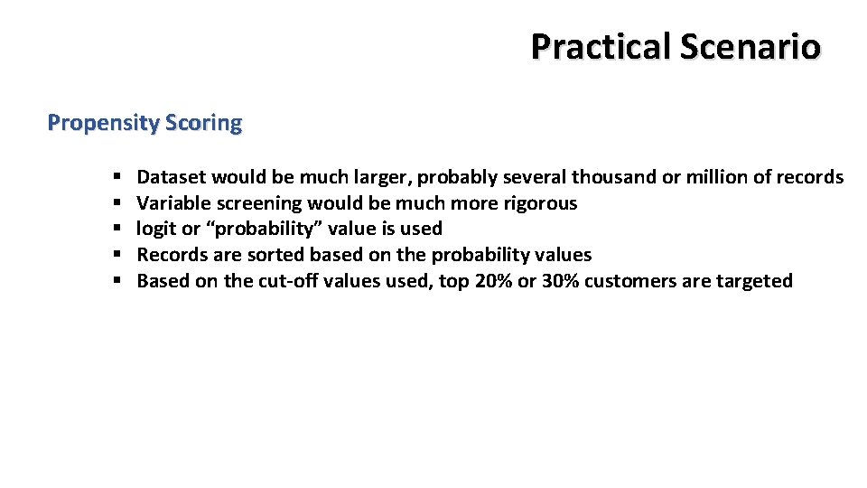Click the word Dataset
tap(172, 177)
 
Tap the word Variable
tap(174, 202)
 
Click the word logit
tap(156, 229)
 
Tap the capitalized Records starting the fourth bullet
tap(172, 255)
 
